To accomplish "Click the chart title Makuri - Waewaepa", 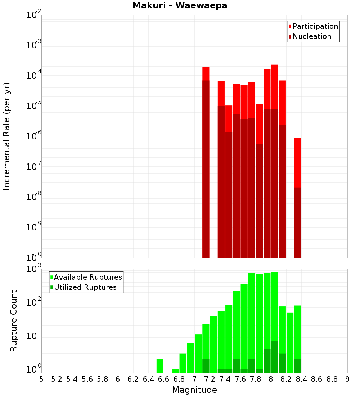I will [180, 6].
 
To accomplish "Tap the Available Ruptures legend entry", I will [86, 277].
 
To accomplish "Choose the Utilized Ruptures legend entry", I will [83, 287].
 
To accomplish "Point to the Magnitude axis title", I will [194, 390].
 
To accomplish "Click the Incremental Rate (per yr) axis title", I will [7, 136].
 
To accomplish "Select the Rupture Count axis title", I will [14, 321].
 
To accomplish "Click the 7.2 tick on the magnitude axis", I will [210, 379].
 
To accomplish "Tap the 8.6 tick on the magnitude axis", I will [317, 379].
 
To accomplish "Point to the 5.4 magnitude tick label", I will [72, 379].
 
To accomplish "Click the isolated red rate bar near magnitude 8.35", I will [297, 162].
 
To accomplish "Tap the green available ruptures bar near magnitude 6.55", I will [160, 366].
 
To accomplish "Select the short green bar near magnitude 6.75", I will [175, 371].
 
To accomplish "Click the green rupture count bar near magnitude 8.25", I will [290, 342].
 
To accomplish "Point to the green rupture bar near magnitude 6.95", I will [190, 358].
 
